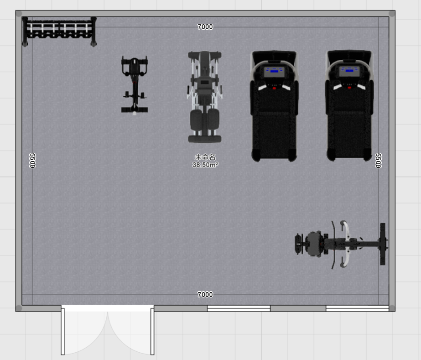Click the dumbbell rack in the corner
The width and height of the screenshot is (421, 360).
[x=59, y=31]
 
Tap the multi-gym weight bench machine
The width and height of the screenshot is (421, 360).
[x=205, y=97]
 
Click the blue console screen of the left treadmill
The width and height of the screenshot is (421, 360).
[x=274, y=71]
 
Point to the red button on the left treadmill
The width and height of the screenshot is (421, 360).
[x=274, y=88]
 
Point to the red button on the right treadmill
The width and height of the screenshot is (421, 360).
[x=349, y=88]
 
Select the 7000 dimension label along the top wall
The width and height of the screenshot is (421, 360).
[x=205, y=27]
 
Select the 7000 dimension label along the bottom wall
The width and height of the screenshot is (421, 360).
[x=205, y=294]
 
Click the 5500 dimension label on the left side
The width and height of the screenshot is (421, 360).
[x=32, y=161]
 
